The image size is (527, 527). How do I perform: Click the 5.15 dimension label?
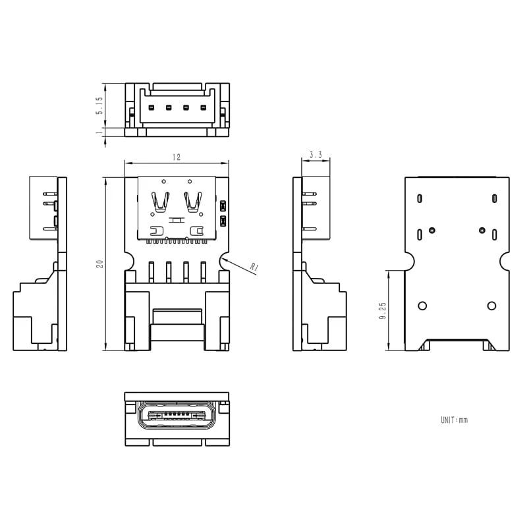(99, 105)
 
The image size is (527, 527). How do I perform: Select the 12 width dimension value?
(177, 157)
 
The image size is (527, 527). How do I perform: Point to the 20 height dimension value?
(99, 263)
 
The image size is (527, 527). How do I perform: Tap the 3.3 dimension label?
(315, 155)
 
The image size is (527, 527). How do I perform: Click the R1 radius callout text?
(254, 267)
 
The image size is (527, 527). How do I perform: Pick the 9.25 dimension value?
(382, 310)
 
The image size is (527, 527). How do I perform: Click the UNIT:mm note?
(454, 420)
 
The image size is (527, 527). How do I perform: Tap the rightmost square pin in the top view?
(203, 107)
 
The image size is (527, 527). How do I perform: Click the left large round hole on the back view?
(422, 306)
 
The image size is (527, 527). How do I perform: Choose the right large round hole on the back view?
(491, 306)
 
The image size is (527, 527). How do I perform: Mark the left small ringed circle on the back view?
(432, 230)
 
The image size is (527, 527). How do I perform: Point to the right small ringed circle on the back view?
(482, 230)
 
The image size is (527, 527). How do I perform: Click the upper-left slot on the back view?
(420, 198)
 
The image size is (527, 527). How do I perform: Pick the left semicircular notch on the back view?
(408, 262)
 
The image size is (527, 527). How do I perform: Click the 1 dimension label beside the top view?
(99, 132)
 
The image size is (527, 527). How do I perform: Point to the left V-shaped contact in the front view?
(159, 201)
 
